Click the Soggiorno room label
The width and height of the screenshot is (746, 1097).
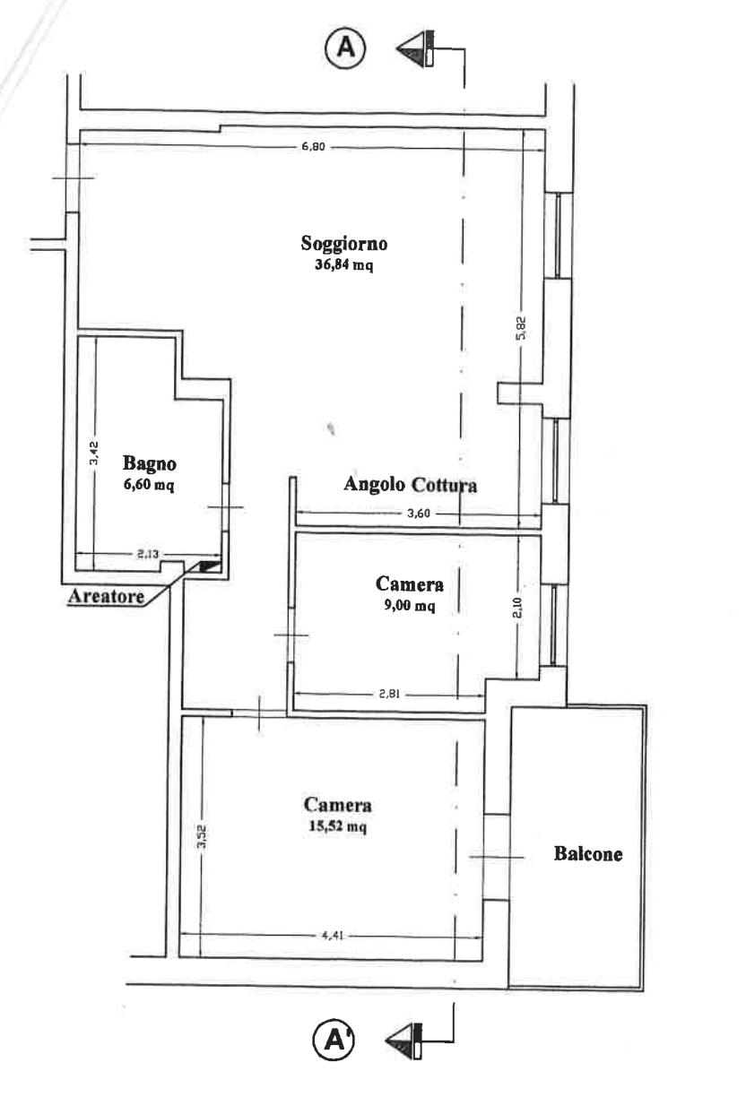[x=343, y=244]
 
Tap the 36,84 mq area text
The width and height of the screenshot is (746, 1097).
[x=343, y=265]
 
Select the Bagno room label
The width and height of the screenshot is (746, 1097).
[x=150, y=463]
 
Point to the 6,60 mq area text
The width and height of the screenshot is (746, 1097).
[x=150, y=485]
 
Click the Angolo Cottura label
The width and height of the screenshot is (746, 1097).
[x=411, y=485]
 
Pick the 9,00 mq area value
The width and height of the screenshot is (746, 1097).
[x=410, y=606]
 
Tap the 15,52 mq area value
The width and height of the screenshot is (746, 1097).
[x=337, y=826]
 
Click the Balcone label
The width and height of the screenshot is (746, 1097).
[x=588, y=853]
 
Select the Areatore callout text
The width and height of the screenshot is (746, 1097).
[x=107, y=596]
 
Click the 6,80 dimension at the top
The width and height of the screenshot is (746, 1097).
[x=314, y=146]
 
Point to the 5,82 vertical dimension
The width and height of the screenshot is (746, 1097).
[x=521, y=328]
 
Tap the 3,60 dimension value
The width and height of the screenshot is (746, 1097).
[x=419, y=513]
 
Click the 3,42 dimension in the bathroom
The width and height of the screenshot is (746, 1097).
[x=94, y=453]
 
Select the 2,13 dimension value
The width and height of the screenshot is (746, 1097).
[x=147, y=554]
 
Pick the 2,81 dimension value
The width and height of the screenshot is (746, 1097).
[x=390, y=694]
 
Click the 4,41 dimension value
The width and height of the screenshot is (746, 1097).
[x=333, y=935]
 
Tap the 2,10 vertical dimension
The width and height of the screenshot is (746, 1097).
[x=517, y=608]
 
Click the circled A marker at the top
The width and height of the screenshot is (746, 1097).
[x=345, y=48]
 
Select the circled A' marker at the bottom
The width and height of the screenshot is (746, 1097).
[x=334, y=1040]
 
